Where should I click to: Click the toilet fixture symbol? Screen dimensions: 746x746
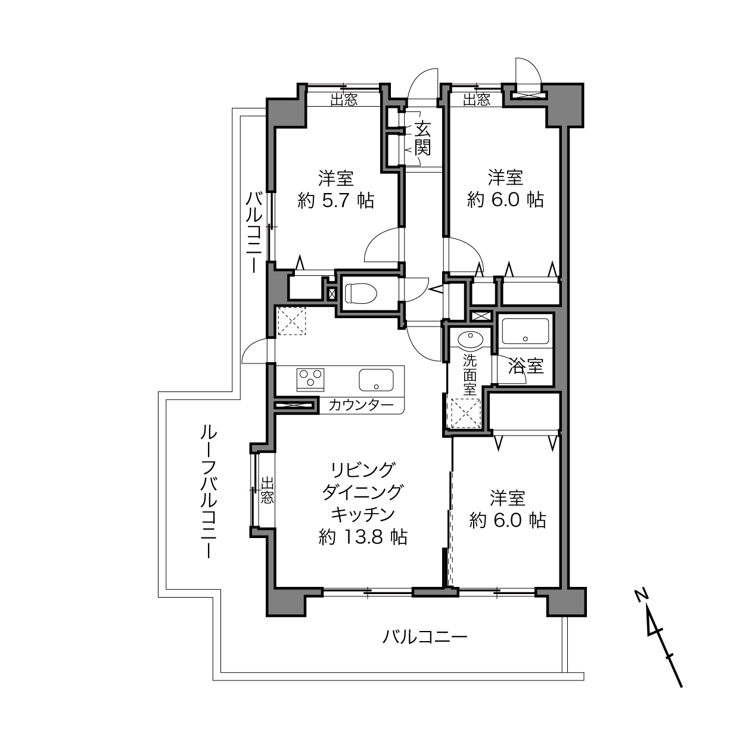click(x=361, y=293)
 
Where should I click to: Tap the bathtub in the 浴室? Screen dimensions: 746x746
click(x=525, y=331)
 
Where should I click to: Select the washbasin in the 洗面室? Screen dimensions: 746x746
click(x=470, y=340)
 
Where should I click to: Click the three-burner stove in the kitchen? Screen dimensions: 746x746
click(x=310, y=380)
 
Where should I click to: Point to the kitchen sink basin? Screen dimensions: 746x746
click(x=377, y=380)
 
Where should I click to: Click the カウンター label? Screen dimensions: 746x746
click(x=361, y=405)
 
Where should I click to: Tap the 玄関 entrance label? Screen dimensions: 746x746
click(x=422, y=138)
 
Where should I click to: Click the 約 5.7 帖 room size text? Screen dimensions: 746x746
click(x=335, y=201)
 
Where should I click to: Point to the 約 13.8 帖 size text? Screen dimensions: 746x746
click(x=363, y=537)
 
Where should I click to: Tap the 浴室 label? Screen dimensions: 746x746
click(x=526, y=366)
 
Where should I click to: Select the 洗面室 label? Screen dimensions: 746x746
click(x=470, y=375)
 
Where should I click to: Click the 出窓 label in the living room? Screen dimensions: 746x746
click(x=267, y=490)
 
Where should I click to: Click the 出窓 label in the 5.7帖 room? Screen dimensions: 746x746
click(x=344, y=100)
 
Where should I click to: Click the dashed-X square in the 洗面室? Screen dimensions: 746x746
click(x=464, y=413)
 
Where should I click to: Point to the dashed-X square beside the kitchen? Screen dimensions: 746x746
click(x=292, y=321)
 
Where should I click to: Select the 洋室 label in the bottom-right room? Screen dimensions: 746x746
click(x=508, y=498)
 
